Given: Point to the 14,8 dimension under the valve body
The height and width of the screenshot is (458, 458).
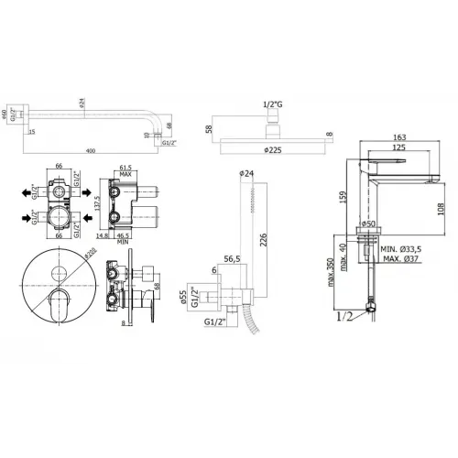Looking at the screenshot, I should (102, 236).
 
